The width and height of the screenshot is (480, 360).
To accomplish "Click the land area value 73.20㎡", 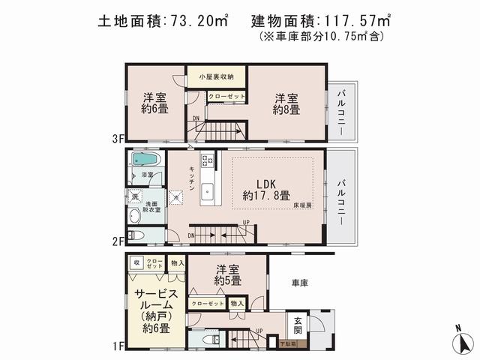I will click(x=196, y=20).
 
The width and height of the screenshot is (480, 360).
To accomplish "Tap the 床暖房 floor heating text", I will click(x=302, y=204).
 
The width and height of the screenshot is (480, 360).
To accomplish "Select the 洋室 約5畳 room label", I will click(x=226, y=276).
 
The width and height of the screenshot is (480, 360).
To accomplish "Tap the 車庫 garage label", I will click(x=301, y=282).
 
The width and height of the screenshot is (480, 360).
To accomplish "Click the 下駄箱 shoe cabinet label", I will click(x=287, y=344).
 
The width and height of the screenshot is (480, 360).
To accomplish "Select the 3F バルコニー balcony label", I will click(x=340, y=109).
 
